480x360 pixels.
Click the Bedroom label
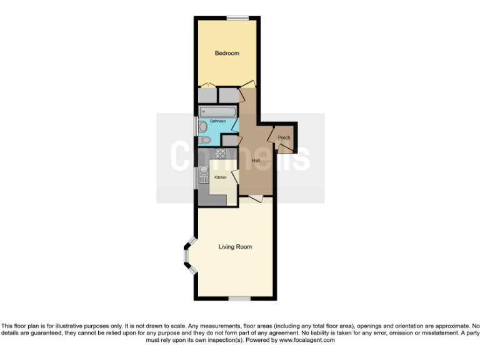227,53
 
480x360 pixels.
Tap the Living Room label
235,247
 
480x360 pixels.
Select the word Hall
256,161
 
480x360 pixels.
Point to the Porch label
284,137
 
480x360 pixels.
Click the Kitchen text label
221,177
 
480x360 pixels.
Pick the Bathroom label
217,121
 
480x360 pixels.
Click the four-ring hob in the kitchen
220,153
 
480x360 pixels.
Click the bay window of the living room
187,255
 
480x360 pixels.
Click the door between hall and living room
254,198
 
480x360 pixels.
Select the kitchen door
236,176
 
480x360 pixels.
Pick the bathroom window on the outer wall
196,128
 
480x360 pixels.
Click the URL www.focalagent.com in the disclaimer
303,341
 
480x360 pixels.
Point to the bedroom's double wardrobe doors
208,86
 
